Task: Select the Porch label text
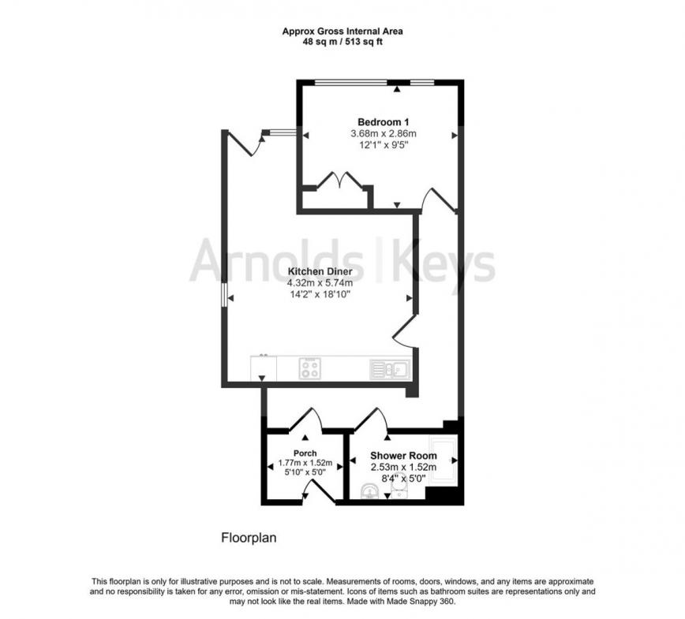[x=305, y=453]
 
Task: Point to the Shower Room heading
[x=404, y=455]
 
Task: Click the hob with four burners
[x=310, y=368]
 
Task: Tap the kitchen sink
[x=388, y=367]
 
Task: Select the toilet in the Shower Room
[x=369, y=493]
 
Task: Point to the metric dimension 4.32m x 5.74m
[x=319, y=283]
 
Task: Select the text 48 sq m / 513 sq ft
[x=342, y=42]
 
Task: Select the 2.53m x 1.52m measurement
[x=404, y=466]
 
